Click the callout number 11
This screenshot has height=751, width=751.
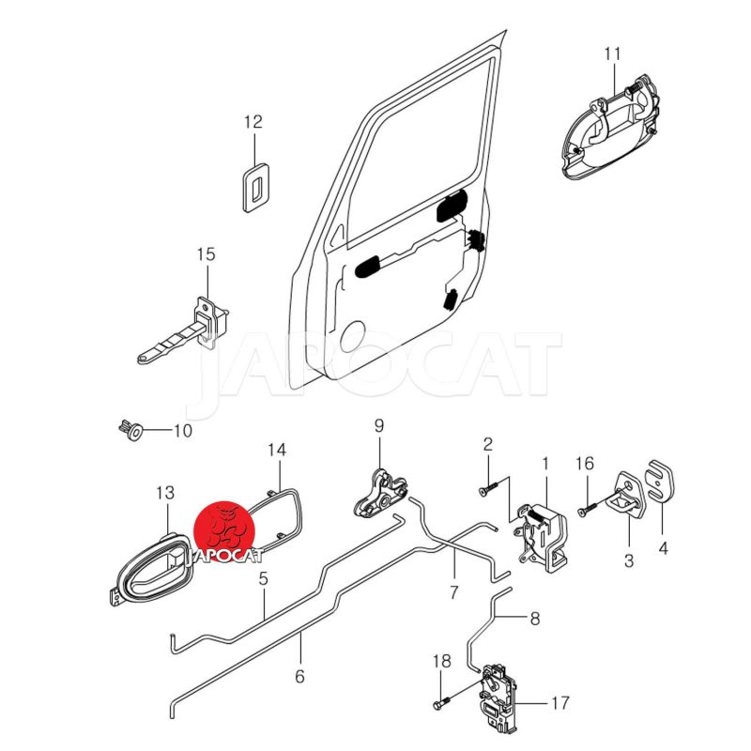pos(612,54)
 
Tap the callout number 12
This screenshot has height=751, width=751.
pos(253,122)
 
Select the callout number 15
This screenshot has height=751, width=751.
pos(207,253)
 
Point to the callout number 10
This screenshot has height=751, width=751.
pos(182,431)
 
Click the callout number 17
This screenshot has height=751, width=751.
pos(559,702)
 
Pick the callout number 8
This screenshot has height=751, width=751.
pos(535,619)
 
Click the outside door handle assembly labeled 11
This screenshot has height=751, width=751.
pos(610,128)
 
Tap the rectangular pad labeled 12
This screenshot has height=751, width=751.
pos(255,187)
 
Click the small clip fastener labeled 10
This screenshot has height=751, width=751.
pos(130,430)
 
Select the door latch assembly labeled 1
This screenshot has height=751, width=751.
pos(542,536)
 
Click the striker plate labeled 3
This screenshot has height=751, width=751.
pos(627,498)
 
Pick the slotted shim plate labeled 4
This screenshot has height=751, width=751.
pos(661,482)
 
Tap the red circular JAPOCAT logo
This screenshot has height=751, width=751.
pos(224,531)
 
